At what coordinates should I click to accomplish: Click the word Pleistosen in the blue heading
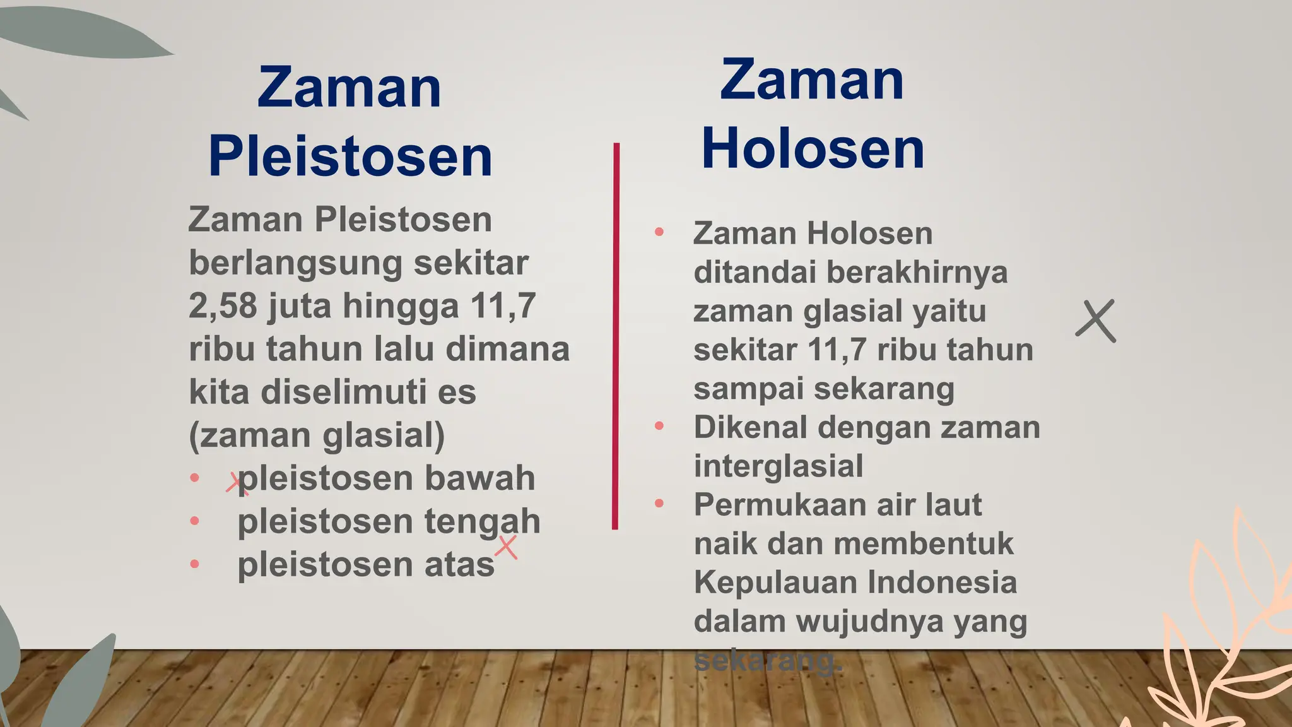[x=350, y=157]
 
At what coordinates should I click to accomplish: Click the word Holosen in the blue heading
[x=813, y=149]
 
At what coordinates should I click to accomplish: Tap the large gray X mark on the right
[x=1096, y=321]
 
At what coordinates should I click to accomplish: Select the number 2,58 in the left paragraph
[x=223, y=306]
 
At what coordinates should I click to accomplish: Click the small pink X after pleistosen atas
[x=506, y=547]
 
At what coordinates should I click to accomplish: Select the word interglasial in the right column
[x=778, y=466]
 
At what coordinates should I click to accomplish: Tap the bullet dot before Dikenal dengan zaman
[x=659, y=426]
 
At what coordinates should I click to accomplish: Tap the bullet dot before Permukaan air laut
[x=659, y=504]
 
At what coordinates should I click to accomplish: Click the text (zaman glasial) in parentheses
[x=317, y=435]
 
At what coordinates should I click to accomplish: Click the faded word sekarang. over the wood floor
[x=767, y=661]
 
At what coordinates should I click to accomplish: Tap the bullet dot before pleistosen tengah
[x=195, y=521]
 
